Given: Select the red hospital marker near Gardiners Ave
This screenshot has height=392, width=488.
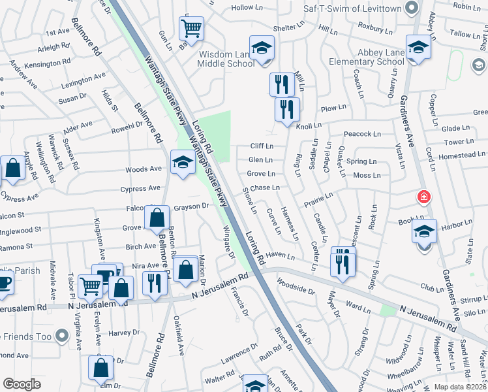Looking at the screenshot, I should click(x=424, y=197).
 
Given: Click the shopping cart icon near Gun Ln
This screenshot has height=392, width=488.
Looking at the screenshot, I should click(x=191, y=27).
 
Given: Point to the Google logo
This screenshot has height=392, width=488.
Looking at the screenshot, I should click(x=22, y=384).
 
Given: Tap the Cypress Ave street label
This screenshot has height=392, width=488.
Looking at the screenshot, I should click(x=140, y=189).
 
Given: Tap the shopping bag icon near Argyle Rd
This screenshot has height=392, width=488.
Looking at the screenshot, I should click(x=13, y=169).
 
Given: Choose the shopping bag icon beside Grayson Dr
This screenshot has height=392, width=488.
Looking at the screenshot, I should click(x=157, y=217).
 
